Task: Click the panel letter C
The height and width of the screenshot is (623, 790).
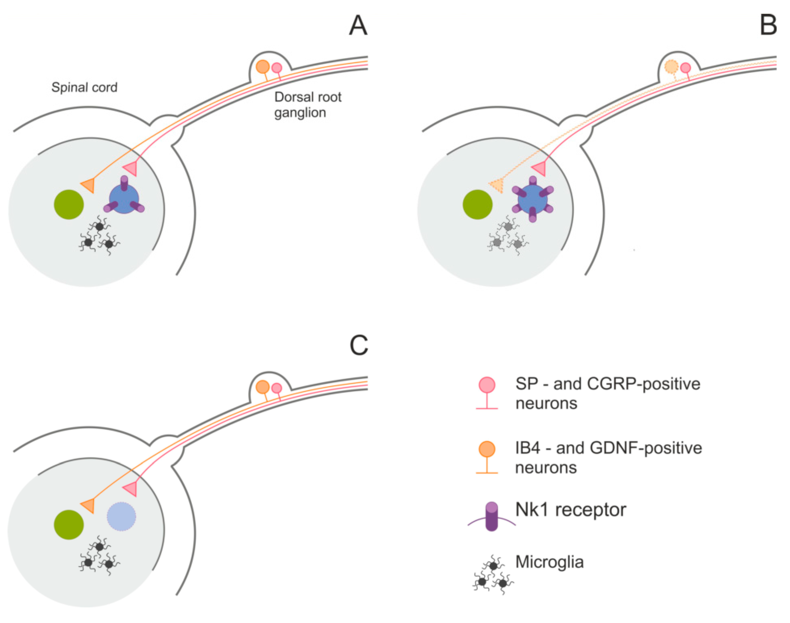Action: pyautogui.click(x=358, y=345)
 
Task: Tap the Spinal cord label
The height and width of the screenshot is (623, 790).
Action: pyautogui.click(x=84, y=88)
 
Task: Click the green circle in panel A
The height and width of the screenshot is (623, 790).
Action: pyautogui.click(x=69, y=205)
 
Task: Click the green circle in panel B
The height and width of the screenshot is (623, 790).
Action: pyautogui.click(x=478, y=205)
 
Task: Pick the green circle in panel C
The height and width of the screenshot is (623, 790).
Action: pyautogui.click(x=69, y=525)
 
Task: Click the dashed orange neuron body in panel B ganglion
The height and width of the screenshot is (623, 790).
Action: pyautogui.click(x=671, y=67)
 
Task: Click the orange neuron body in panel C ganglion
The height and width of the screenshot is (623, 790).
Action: pyautogui.click(x=263, y=387)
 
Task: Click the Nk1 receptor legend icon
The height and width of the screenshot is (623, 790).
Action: pyautogui.click(x=492, y=516)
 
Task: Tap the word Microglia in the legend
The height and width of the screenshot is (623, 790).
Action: pyautogui.click(x=549, y=562)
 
